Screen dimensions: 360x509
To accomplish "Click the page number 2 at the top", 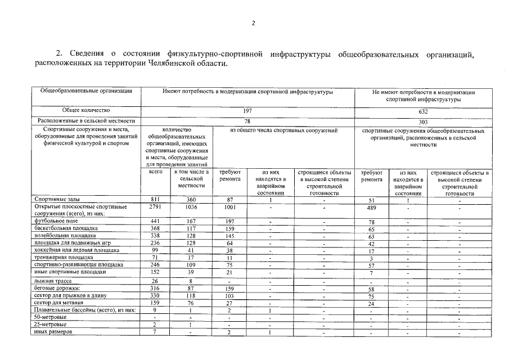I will (253, 23).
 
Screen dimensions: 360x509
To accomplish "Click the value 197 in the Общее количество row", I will (247, 111).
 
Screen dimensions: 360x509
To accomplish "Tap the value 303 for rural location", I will (423, 121).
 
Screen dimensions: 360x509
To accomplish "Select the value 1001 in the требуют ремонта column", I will (229, 207).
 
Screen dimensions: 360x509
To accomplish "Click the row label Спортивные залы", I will (53, 200).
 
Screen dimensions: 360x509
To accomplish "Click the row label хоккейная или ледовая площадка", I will (76, 250).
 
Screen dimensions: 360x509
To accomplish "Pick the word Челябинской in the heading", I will (165, 65).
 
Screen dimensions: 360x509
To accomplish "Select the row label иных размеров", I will (53, 332).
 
